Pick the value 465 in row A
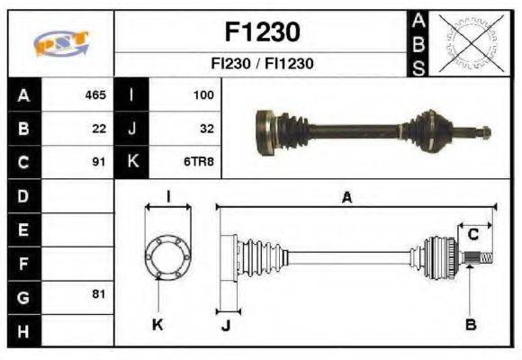pyautogui.click(x=94, y=94)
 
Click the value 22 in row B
pyautogui.click(x=99, y=129)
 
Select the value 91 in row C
pyautogui.click(x=99, y=163)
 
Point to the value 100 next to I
pyautogui.click(x=203, y=94)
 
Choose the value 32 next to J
pyautogui.click(x=206, y=129)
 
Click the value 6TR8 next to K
pyautogui.click(x=199, y=163)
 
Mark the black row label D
pyautogui.click(x=22, y=195)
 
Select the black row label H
pyautogui.click(x=22, y=330)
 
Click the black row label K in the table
pyautogui.click(x=132, y=163)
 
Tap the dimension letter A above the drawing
pyautogui.click(x=346, y=198)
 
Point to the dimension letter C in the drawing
pyautogui.click(x=472, y=234)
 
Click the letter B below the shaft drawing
pyautogui.click(x=471, y=324)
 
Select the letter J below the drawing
pyautogui.click(x=225, y=325)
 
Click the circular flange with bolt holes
pyautogui.click(x=167, y=257)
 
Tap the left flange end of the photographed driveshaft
pyautogui.click(x=266, y=131)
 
